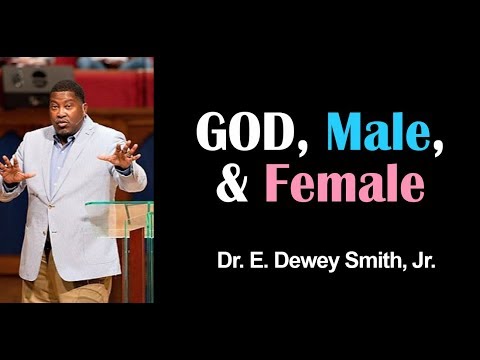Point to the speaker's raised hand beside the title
click(x=122, y=155)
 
